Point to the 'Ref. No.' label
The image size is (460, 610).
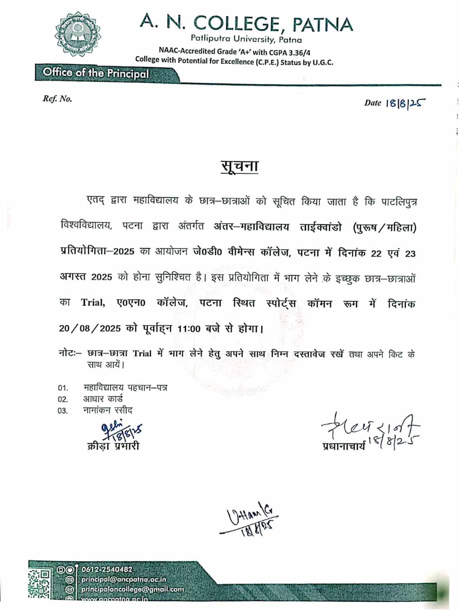(57, 99)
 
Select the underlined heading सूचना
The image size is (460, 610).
(239, 166)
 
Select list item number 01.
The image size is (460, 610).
(62, 388)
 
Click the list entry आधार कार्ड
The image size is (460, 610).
(103, 399)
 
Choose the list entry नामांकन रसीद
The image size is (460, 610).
(108, 410)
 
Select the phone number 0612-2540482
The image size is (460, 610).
(107, 570)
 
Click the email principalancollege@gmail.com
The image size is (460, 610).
(132, 589)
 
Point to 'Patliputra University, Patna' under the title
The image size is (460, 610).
(246, 39)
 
